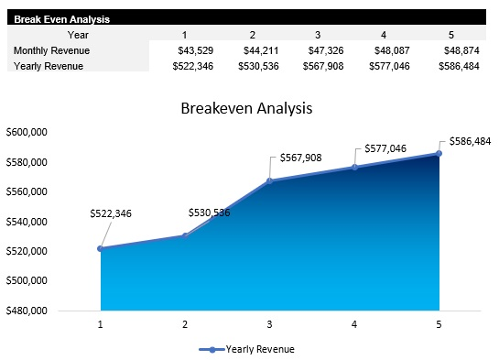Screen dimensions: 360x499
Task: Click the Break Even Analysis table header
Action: pyautogui.click(x=54, y=17)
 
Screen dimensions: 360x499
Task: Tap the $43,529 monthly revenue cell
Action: pyautogui.click(x=194, y=50)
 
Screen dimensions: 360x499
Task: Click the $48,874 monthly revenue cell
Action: pyautogui.click(x=460, y=50)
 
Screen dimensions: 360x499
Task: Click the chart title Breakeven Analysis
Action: pyautogui.click(x=246, y=108)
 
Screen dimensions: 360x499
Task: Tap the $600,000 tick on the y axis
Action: pyautogui.click(x=27, y=133)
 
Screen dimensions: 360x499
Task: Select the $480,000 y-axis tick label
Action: pyautogui.click(x=27, y=311)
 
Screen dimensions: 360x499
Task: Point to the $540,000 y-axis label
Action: pyautogui.click(x=27, y=222)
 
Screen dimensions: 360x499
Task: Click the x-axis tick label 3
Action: pyautogui.click(x=269, y=325)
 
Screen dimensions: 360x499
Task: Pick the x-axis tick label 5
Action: pyautogui.click(x=439, y=325)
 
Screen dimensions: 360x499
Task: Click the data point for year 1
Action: pyautogui.click(x=100, y=248)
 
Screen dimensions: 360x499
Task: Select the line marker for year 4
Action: pyautogui.click(x=354, y=167)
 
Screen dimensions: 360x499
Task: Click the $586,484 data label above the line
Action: pyautogui.click(x=470, y=142)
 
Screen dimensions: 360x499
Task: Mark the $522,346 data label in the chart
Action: pyautogui.click(x=111, y=213)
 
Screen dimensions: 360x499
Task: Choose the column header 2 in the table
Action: pyautogui.click(x=252, y=35)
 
